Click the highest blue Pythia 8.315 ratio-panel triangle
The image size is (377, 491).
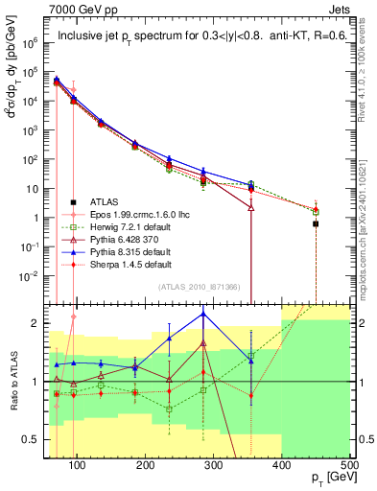(x=203, y=314)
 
